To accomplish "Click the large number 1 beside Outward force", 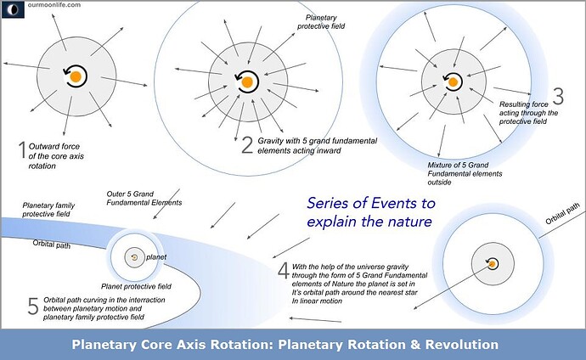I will [x=22, y=151].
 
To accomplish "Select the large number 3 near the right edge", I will [x=557, y=95].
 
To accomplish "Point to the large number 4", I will [x=283, y=271].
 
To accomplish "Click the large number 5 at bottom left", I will [x=33, y=307].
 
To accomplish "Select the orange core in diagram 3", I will [x=454, y=82].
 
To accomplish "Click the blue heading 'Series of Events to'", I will [x=370, y=204].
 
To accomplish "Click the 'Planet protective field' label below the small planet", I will [x=136, y=286].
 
